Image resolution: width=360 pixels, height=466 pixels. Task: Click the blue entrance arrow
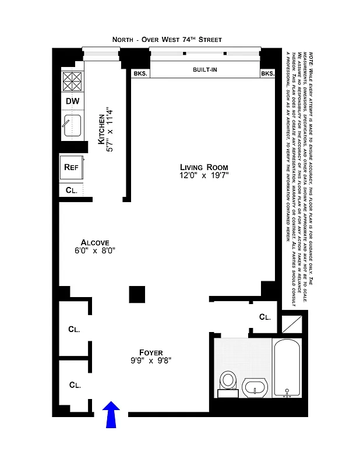pos(111,415)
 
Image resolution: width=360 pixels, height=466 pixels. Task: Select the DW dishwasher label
pos(72,101)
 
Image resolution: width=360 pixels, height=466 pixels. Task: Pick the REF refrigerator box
pos(72,167)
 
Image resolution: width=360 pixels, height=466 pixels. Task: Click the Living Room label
pos(203,167)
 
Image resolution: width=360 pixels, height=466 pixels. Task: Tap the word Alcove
pos(95,242)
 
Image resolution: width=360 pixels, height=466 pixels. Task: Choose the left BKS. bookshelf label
pos(140,73)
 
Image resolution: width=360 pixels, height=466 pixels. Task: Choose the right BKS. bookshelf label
pos(267,73)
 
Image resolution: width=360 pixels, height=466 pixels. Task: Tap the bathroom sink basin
pos(255,387)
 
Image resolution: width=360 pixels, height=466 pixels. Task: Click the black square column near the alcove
pos(137,294)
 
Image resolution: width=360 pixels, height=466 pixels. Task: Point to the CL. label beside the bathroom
pos(264,317)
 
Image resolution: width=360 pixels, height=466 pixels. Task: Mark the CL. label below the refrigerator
pos(71,190)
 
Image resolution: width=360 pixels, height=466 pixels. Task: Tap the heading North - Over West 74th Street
pos(167,40)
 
